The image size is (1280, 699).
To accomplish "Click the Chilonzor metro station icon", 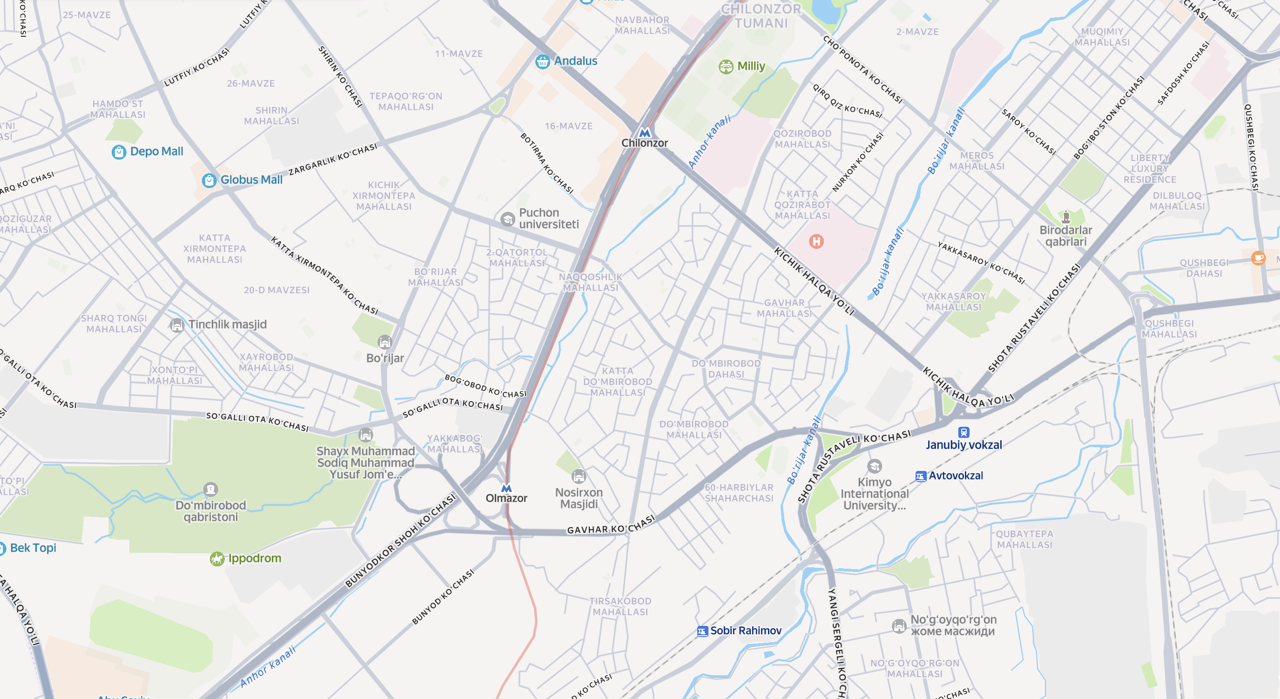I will (x=645, y=133).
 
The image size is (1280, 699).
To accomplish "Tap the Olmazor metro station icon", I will (x=506, y=488).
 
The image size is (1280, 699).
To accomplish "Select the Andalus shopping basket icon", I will (x=542, y=61).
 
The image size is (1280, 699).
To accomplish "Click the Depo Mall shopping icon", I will (x=119, y=152).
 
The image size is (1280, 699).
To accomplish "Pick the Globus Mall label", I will (x=251, y=180).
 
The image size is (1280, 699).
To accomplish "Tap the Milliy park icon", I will (x=726, y=67).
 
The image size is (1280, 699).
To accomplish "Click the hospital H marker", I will (x=816, y=242).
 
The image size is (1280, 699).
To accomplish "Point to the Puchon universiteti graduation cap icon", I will (x=507, y=219).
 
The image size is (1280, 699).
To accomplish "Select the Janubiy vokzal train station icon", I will (x=963, y=432).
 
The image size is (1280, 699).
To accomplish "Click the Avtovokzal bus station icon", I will (x=920, y=476).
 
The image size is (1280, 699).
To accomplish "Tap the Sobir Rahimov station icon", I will (x=702, y=631).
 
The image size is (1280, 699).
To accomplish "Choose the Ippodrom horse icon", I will (x=216, y=559).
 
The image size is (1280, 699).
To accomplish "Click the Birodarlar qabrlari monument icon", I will (x=1066, y=216).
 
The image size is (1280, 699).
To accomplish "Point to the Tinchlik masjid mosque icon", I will (x=177, y=325).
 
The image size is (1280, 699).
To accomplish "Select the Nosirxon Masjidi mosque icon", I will (x=579, y=476).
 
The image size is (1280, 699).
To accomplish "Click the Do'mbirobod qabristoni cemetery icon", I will (x=211, y=490).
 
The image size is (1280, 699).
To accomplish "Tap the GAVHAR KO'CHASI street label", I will (x=611, y=525).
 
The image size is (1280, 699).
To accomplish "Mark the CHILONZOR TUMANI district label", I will (x=761, y=16).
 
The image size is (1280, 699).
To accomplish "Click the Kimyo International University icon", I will (x=875, y=466).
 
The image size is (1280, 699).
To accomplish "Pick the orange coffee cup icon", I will (x=1258, y=258).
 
